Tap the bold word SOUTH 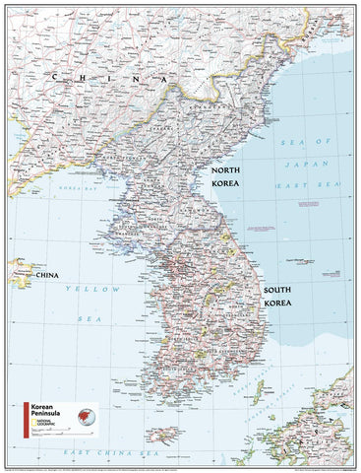tap(279, 291)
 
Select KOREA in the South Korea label tap(279, 304)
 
